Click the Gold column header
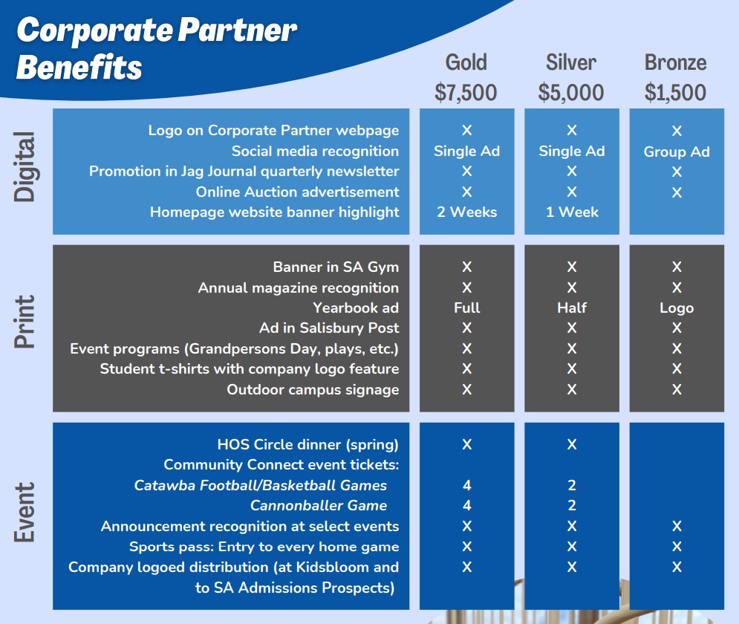tap(466, 62)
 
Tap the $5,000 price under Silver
tap(570, 92)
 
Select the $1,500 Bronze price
tap(675, 92)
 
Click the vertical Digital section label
tap(25, 167)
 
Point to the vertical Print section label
tap(25, 322)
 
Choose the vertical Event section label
tap(25, 512)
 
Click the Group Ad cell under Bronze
tap(677, 152)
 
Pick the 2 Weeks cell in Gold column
tap(466, 212)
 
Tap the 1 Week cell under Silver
tap(572, 212)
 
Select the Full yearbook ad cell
tap(466, 308)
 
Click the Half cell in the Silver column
tap(572, 308)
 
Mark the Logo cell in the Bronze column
tap(677, 308)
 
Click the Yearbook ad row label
tap(356, 308)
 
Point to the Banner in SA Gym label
tap(336, 267)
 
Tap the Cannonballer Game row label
tap(319, 505)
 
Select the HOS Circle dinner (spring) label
tap(307, 444)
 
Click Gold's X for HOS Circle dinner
tap(466, 444)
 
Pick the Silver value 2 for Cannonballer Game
tap(572, 505)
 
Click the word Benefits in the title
tap(79, 66)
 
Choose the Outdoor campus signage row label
tap(313, 390)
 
